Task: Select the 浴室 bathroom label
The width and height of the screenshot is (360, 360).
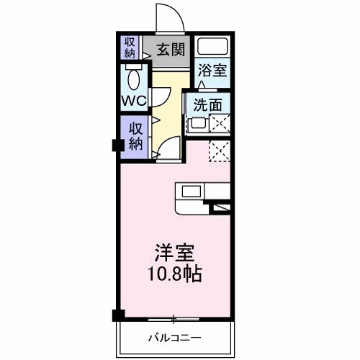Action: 213,72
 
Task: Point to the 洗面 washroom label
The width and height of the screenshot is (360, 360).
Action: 207,104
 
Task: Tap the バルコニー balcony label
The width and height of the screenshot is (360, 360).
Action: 175,336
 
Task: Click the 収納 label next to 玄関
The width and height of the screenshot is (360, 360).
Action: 130,48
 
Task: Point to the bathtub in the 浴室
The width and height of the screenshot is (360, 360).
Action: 213,48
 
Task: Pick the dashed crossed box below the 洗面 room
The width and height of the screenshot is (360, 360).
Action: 219,150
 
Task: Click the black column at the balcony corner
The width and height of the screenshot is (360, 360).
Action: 117,315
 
